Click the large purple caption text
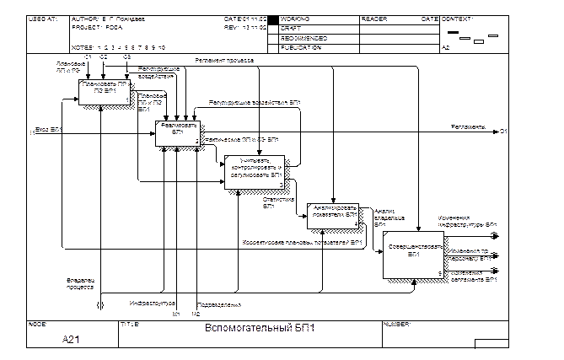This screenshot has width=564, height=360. pyautogui.click(x=260, y=327)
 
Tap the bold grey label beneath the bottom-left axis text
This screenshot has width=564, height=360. pyautogui.click(x=70, y=339)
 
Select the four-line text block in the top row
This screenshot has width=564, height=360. pyautogui.click(x=300, y=32)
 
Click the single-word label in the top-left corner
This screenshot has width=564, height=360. pyautogui.click(x=43, y=18)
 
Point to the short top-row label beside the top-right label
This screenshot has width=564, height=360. pyautogui.click(x=373, y=18)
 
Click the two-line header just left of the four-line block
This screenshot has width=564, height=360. pyautogui.click(x=245, y=23)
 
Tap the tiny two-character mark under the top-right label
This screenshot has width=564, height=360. pyautogui.click(x=445, y=47)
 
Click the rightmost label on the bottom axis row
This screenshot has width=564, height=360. pyautogui.click(x=396, y=324)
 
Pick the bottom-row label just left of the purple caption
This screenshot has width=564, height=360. pyautogui.click(x=130, y=324)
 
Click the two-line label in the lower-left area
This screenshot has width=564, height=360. pyautogui.click(x=80, y=283)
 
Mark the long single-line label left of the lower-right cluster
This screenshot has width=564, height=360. pyautogui.click(x=303, y=243)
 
